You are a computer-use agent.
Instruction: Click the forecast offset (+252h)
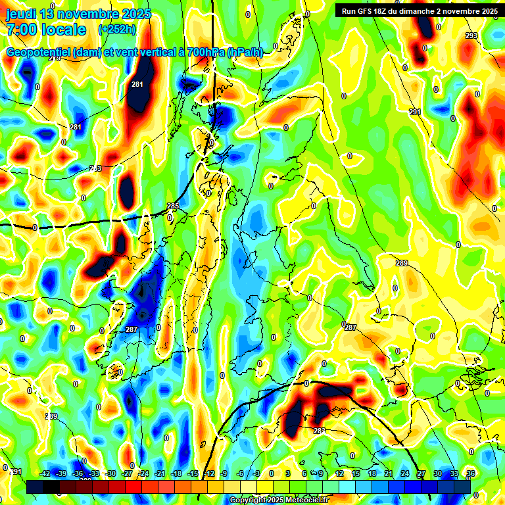(x=117, y=30)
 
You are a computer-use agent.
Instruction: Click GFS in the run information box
(x=368, y=11)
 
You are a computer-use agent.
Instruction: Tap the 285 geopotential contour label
(x=172, y=206)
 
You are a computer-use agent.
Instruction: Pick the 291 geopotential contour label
(x=415, y=112)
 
